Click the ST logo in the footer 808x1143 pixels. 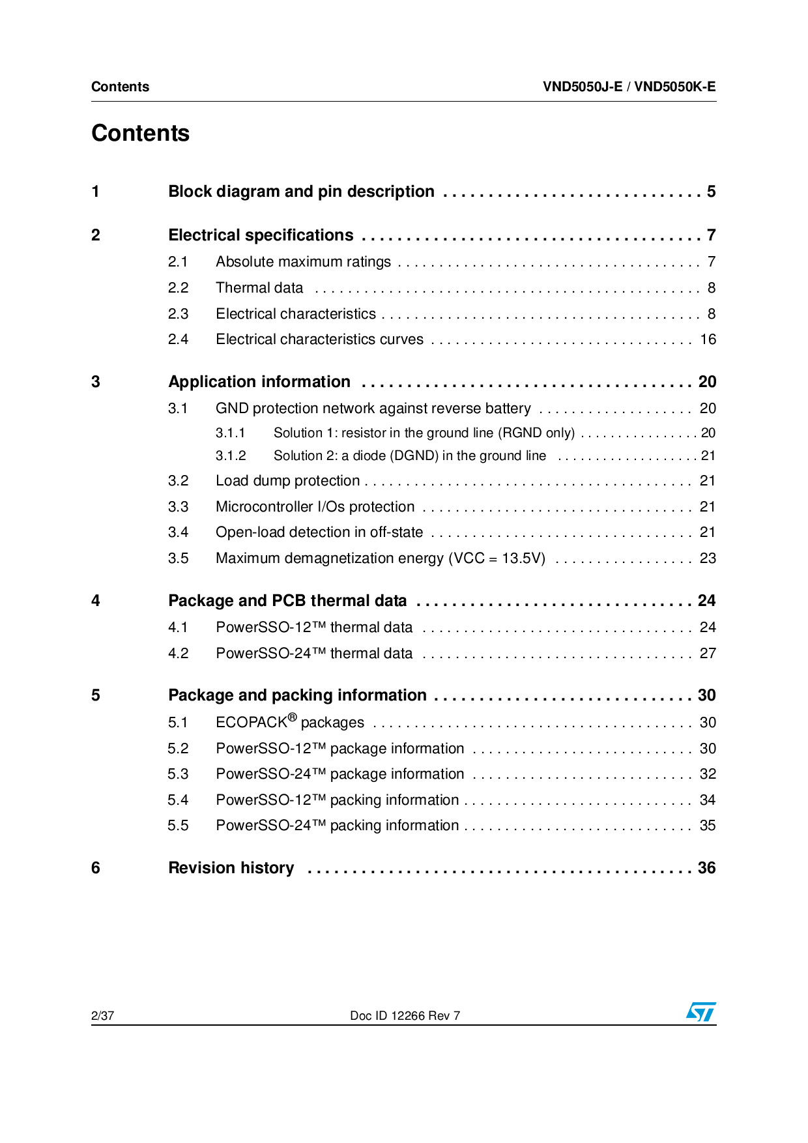700,1011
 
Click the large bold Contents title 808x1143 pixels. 140,133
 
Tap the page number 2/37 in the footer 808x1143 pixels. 102,1015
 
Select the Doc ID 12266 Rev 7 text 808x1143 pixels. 405,1015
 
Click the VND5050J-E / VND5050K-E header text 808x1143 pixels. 629,87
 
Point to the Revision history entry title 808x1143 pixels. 231,868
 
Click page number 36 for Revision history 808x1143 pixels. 706,868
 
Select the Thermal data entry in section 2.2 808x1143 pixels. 259,288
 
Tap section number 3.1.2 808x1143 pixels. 231,456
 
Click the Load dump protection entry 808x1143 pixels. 287,481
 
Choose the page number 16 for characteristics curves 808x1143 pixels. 708,340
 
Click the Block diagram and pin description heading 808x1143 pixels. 301,192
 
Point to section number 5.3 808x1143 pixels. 178,774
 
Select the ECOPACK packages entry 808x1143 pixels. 289,722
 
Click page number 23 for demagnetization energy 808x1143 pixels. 708,558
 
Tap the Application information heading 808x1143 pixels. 259,382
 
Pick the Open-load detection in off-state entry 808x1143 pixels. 319,532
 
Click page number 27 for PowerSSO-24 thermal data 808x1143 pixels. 708,654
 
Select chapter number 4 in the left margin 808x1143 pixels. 96,601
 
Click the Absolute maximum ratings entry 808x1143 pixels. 303,262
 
